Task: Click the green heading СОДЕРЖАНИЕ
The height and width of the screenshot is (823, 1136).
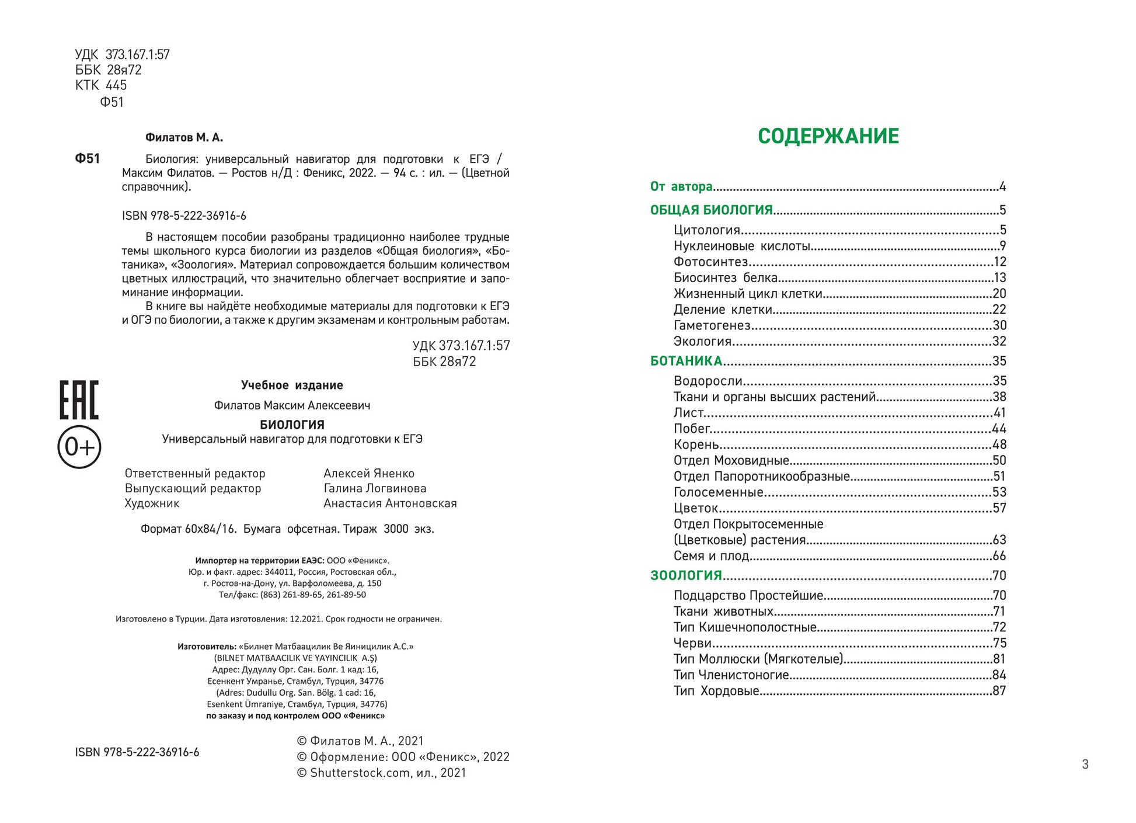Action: click(828, 136)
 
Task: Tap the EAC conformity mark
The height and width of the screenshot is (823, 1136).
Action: click(79, 400)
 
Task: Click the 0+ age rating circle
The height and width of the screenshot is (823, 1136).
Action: click(79, 447)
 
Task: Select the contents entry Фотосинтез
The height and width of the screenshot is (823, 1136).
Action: click(710, 262)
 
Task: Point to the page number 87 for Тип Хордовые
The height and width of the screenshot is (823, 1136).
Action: click(999, 691)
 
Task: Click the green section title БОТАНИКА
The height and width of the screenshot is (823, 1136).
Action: click(686, 361)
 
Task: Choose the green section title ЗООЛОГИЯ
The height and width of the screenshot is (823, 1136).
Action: click(686, 575)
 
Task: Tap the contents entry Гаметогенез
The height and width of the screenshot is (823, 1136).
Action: click(712, 325)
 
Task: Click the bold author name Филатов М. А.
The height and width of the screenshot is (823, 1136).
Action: click(184, 138)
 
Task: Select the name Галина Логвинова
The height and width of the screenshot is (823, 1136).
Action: click(375, 488)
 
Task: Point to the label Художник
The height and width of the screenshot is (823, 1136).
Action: click(152, 503)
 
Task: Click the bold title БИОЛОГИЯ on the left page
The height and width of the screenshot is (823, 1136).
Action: click(292, 425)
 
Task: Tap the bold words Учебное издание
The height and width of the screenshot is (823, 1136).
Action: click(292, 386)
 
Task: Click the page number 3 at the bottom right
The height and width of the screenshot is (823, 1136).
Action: click(1085, 764)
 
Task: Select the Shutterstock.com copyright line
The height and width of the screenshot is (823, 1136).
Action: click(381, 773)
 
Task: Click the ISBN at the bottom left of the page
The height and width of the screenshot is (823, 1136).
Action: click(137, 752)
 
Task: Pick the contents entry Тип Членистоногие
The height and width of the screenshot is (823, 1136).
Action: click(731, 675)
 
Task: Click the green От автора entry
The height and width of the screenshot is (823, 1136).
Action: click(681, 186)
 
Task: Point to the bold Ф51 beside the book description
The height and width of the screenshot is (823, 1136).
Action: click(88, 159)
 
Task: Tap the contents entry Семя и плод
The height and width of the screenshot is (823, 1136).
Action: click(711, 556)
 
